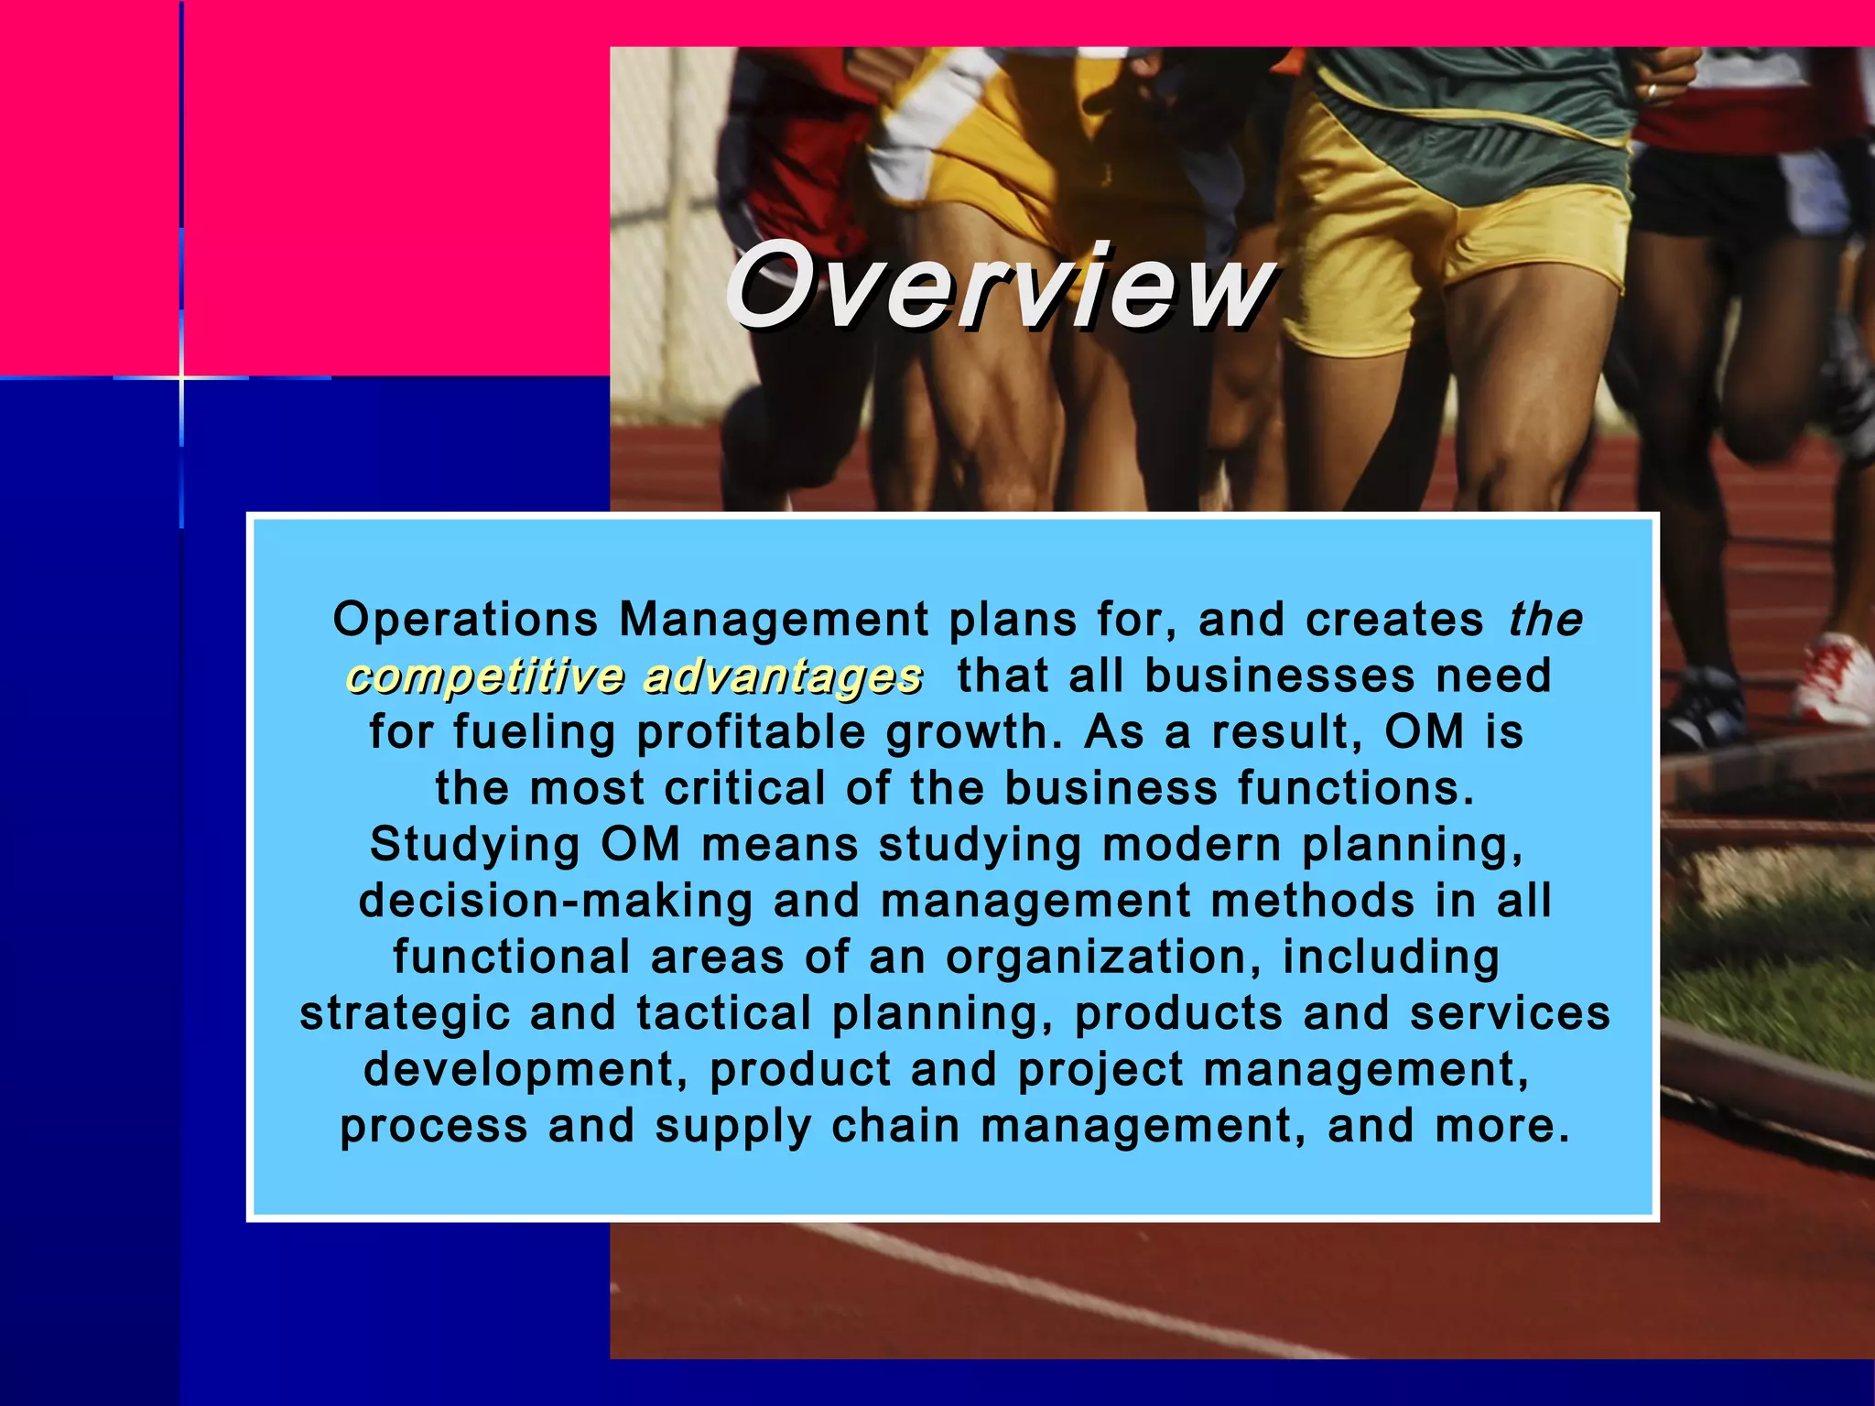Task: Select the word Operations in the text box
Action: (x=465, y=620)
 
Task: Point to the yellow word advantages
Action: (x=783, y=676)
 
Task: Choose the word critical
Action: (x=744, y=789)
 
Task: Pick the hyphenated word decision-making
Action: (x=556, y=901)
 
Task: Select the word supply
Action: (x=732, y=1127)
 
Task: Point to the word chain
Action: (x=895, y=1126)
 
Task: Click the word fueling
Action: (x=534, y=733)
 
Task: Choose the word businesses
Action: (x=1280, y=676)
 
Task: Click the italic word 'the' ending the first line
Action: (x=1545, y=620)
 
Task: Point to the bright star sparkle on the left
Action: (x=181, y=376)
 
